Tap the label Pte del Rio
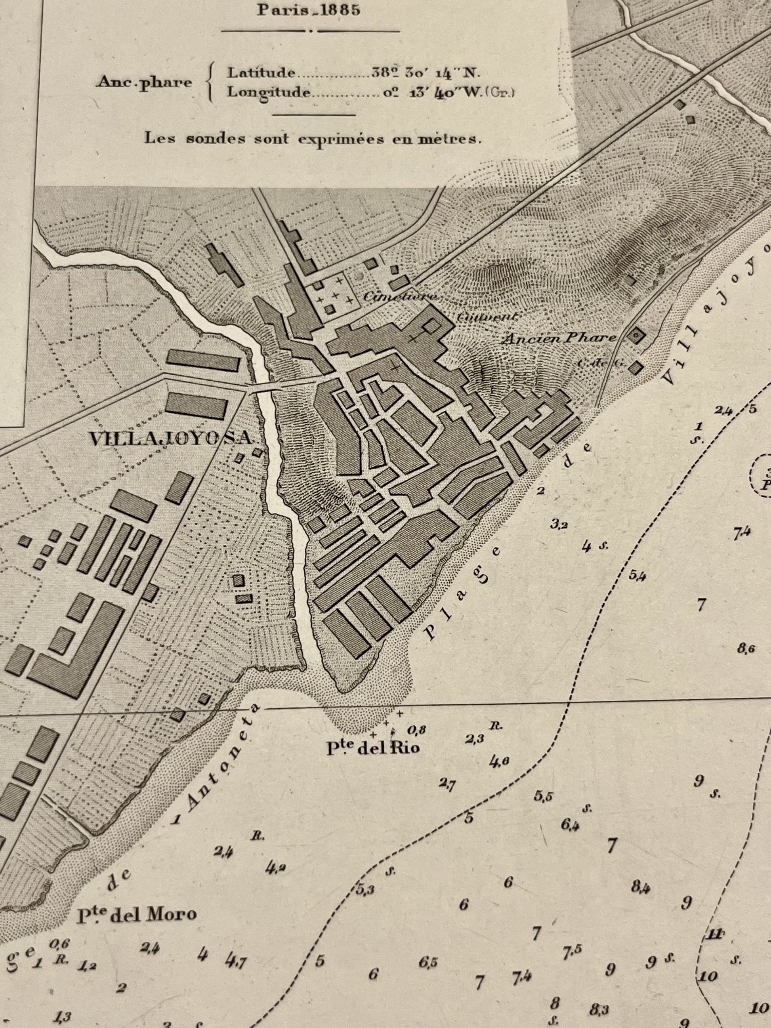tap(373, 747)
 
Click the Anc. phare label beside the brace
tap(144, 83)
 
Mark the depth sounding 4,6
tap(500, 761)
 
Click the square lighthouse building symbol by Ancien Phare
tap(635, 335)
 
